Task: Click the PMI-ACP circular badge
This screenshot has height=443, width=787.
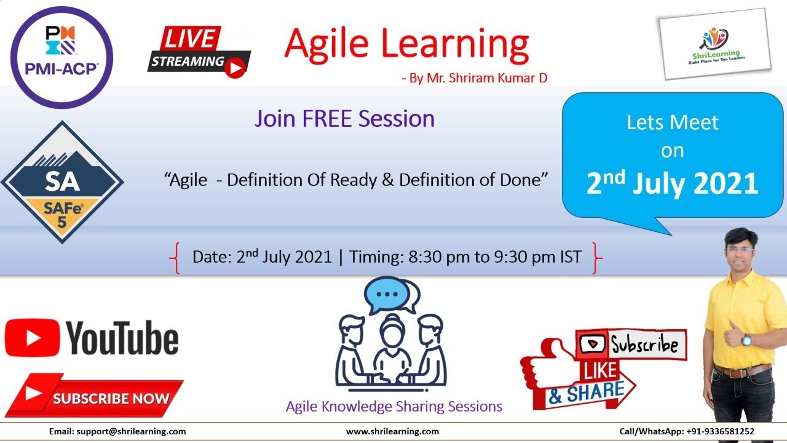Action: [x=62, y=57]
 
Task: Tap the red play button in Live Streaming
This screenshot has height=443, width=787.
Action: [x=234, y=68]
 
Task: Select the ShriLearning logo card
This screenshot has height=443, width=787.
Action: [x=714, y=47]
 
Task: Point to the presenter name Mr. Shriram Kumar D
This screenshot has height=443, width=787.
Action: [x=480, y=78]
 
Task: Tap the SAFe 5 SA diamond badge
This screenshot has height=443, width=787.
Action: [x=62, y=183]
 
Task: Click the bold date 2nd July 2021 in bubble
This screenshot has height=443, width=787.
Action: [x=671, y=183]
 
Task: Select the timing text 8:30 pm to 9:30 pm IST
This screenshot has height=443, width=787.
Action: [x=495, y=257]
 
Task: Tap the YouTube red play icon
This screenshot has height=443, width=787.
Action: [x=32, y=337]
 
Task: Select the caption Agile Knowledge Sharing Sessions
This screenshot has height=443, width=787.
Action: [x=393, y=407]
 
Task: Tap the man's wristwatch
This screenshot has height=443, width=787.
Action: [x=746, y=340]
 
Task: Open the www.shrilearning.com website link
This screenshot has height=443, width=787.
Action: [x=392, y=432]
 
